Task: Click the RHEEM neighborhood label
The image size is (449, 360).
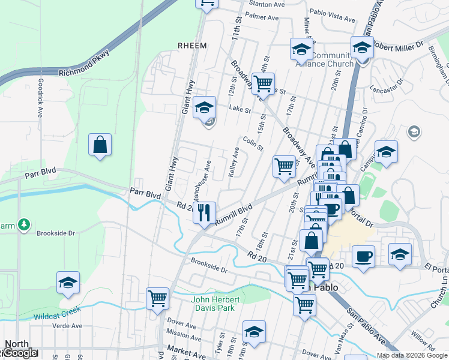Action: (x=192, y=46)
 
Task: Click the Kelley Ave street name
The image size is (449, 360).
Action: (x=236, y=160)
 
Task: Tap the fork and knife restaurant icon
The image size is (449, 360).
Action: (x=205, y=212)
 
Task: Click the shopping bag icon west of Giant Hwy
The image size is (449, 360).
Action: (x=100, y=145)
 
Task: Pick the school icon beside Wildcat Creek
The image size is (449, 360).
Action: (x=68, y=282)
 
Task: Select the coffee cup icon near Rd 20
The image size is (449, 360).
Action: (x=364, y=256)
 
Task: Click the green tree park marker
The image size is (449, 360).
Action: (x=24, y=224)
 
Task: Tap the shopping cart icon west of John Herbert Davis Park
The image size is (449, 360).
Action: (x=157, y=297)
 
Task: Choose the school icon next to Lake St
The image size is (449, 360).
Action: (x=205, y=107)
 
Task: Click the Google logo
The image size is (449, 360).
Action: (x=20, y=353)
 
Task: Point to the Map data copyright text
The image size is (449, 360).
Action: (x=412, y=355)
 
